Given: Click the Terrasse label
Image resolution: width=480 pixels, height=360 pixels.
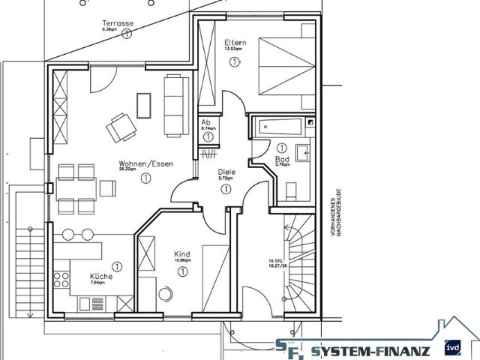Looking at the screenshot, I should [118, 24].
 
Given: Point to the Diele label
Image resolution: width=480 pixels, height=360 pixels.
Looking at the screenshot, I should [226, 172].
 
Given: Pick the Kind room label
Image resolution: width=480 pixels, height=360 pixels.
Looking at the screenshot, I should [182, 253].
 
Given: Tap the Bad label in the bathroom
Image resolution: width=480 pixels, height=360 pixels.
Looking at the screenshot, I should [282, 160].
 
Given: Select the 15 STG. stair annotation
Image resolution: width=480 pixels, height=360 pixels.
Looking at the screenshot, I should [277, 262].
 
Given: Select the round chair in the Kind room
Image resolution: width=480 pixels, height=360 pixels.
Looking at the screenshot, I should [166, 292].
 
